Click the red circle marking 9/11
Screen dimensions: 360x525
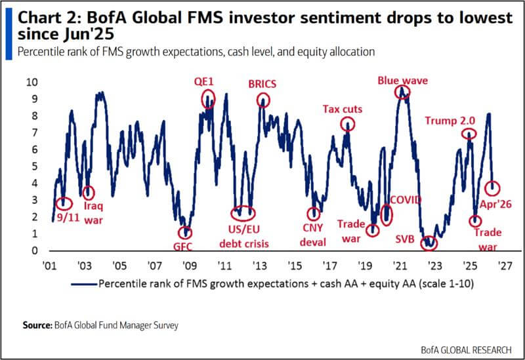point(63,204)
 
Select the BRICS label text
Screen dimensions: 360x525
point(262,83)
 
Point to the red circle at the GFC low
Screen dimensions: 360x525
point(186,232)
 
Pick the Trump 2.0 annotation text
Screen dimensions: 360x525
point(450,120)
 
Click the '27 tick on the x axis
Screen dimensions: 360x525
point(505,267)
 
